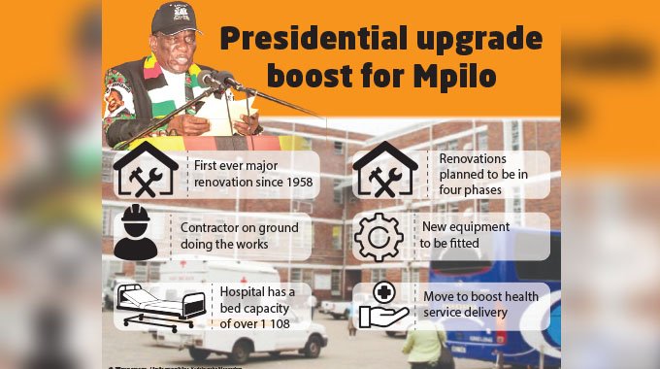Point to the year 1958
(291, 181)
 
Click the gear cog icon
(379, 236)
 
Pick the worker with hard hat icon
(136, 233)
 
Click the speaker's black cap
(176, 17)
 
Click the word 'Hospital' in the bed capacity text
(242, 291)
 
